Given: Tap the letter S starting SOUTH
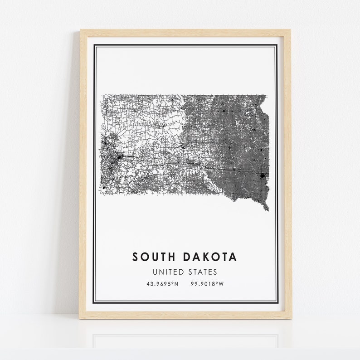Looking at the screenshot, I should [136, 257].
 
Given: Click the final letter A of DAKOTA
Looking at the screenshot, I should [233, 257].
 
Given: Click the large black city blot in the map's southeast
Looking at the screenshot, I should [262, 175].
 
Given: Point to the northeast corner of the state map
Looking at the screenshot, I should [267, 95].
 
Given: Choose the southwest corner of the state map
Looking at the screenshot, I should [101, 194].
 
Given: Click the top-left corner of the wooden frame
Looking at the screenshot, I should [81, 30].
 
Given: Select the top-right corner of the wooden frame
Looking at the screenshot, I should [291, 30].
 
